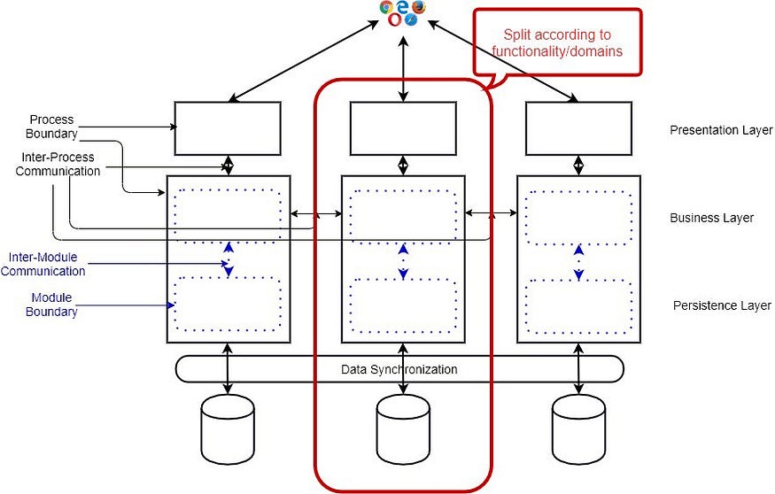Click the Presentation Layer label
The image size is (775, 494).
pos(721,131)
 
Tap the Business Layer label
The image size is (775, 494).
pos(712,218)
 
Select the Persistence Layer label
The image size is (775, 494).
pos(722,305)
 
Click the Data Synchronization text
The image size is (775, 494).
pos(399,369)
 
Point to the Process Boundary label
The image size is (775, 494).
pos(51,127)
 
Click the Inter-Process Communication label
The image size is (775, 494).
pos(58,165)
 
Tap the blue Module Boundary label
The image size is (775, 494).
pos(51,305)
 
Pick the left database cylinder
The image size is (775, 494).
pos(229,424)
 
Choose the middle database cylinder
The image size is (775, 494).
pos(403,424)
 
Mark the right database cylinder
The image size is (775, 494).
pos(578,424)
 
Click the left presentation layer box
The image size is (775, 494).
pos(228,128)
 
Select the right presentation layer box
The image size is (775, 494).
pos(578,128)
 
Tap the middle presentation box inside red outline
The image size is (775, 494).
pos(403,128)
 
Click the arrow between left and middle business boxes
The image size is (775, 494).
pos(316,213)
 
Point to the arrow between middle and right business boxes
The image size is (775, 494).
pos(492,213)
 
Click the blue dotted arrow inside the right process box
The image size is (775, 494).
pos(578,261)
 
